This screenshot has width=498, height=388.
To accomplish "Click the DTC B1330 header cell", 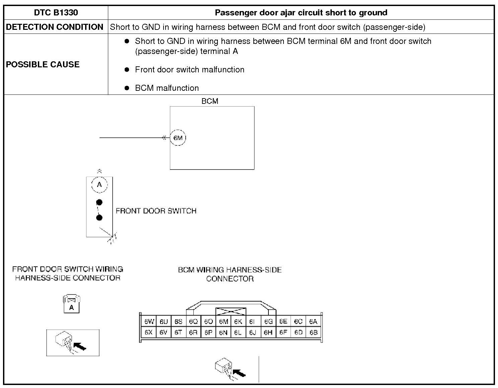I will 56,13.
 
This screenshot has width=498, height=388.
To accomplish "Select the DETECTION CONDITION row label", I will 55,27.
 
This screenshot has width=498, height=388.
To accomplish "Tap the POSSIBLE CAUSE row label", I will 43,64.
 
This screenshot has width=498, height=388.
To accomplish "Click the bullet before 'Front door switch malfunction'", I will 127,70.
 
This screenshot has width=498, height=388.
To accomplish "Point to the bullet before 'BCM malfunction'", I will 127,88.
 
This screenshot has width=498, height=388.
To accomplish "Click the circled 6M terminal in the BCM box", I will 178,138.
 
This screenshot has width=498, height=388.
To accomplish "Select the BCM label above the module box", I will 210,101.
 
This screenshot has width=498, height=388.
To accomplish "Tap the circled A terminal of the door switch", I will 99,185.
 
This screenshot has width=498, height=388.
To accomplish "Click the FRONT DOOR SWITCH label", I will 156,211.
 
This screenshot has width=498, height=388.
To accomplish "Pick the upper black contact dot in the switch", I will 99,202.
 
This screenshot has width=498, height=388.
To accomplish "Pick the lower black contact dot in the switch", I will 99,218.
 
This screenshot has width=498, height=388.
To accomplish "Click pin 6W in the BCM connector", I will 149,322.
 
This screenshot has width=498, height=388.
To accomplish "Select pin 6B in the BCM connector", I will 313,333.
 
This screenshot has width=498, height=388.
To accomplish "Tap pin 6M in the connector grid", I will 223,322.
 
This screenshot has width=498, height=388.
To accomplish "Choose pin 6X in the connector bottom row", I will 149,333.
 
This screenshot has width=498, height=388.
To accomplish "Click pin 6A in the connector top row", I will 313,322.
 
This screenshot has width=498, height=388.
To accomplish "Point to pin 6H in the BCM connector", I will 268,333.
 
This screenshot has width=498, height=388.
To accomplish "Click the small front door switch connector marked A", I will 71,304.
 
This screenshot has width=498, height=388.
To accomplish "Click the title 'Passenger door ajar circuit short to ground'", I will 301,13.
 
